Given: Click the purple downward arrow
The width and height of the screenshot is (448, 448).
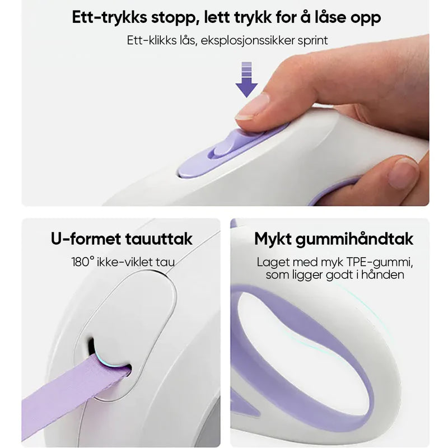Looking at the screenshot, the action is pyautogui.click(x=246, y=80).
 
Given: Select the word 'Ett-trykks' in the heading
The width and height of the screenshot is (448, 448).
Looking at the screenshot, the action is pyautogui.click(x=110, y=18).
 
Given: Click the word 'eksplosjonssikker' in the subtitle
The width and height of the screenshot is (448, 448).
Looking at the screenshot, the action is pyautogui.click(x=248, y=40).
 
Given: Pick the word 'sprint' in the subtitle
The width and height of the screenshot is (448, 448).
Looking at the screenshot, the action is pyautogui.click(x=312, y=41).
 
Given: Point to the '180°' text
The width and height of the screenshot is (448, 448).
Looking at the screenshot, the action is pyautogui.click(x=82, y=262).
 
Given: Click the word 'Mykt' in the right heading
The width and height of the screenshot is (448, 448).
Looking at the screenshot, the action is pyautogui.click(x=273, y=240).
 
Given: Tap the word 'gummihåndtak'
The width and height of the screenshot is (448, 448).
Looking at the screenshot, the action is pyautogui.click(x=354, y=240).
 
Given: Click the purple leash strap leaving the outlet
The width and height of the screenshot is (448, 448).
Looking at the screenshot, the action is pyautogui.click(x=72, y=394).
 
